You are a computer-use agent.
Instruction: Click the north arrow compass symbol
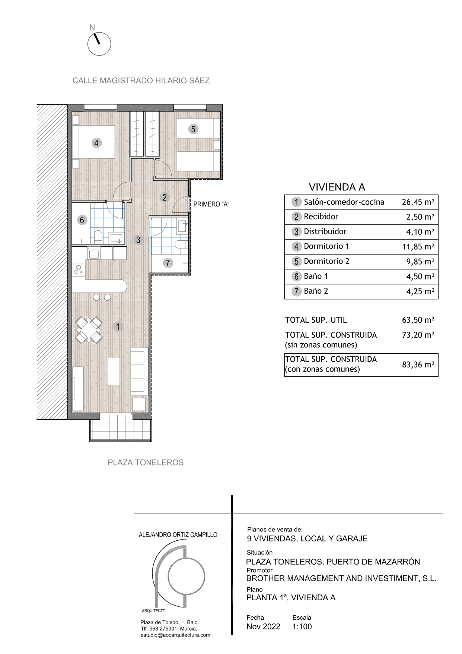point(99,44)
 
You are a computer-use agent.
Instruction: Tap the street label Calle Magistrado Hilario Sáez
point(141,80)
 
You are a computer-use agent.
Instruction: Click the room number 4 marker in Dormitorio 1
point(96,143)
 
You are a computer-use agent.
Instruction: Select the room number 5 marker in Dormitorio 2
point(193,129)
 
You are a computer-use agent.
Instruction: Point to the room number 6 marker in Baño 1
point(82,220)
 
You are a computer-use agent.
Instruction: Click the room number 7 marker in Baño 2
point(168,263)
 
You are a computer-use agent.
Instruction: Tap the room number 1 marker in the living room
point(118,326)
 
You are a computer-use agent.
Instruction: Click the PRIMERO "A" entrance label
point(211,204)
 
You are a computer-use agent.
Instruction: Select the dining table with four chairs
point(89,330)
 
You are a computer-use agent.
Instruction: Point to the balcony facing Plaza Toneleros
point(120,429)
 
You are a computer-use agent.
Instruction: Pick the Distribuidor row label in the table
point(325,231)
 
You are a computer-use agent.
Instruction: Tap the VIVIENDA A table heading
point(337,187)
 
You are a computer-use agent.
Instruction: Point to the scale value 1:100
point(302,626)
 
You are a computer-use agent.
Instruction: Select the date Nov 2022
point(263,626)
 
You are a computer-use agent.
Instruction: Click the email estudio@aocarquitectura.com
point(175,635)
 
